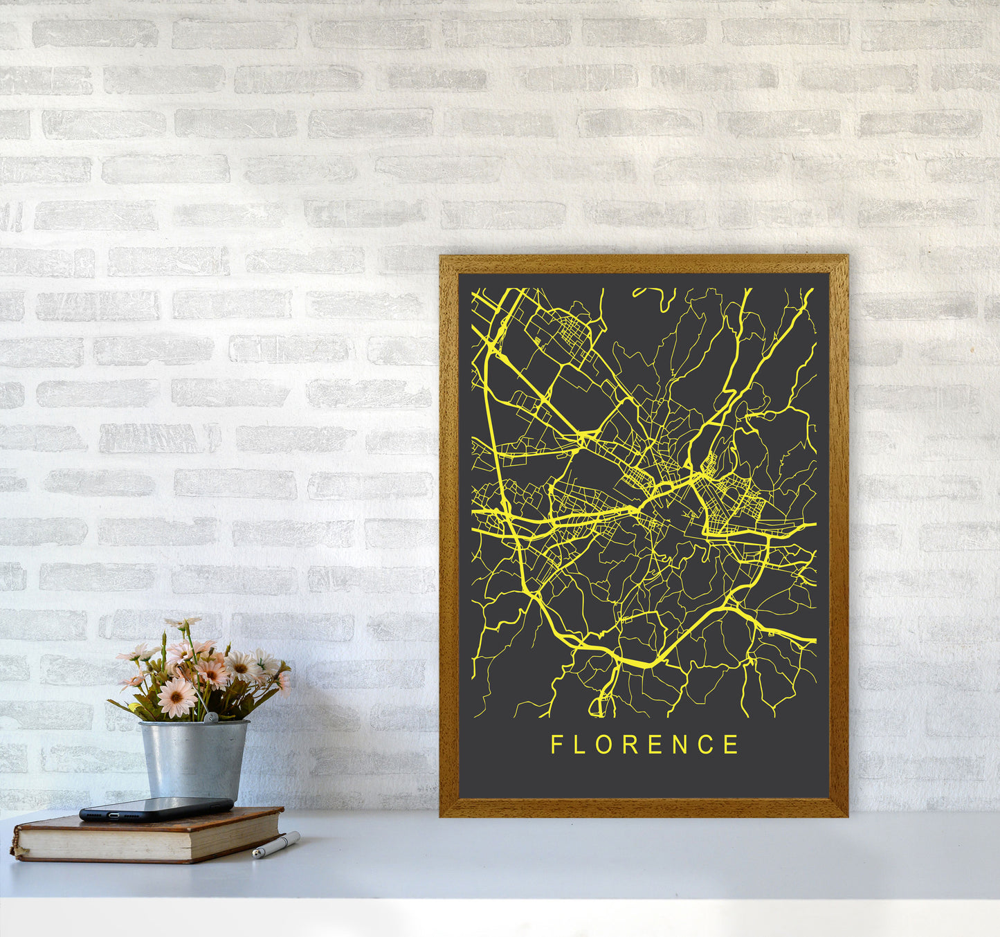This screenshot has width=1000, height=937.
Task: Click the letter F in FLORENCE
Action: click(x=556, y=745)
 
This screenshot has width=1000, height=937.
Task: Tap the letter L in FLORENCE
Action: click(x=581, y=745)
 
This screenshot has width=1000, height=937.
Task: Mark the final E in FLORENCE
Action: click(x=731, y=745)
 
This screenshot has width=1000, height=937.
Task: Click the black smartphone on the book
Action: click(x=156, y=808)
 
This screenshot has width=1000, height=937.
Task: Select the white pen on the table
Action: click(x=277, y=845)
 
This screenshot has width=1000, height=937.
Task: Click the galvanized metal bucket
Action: click(x=194, y=758)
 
